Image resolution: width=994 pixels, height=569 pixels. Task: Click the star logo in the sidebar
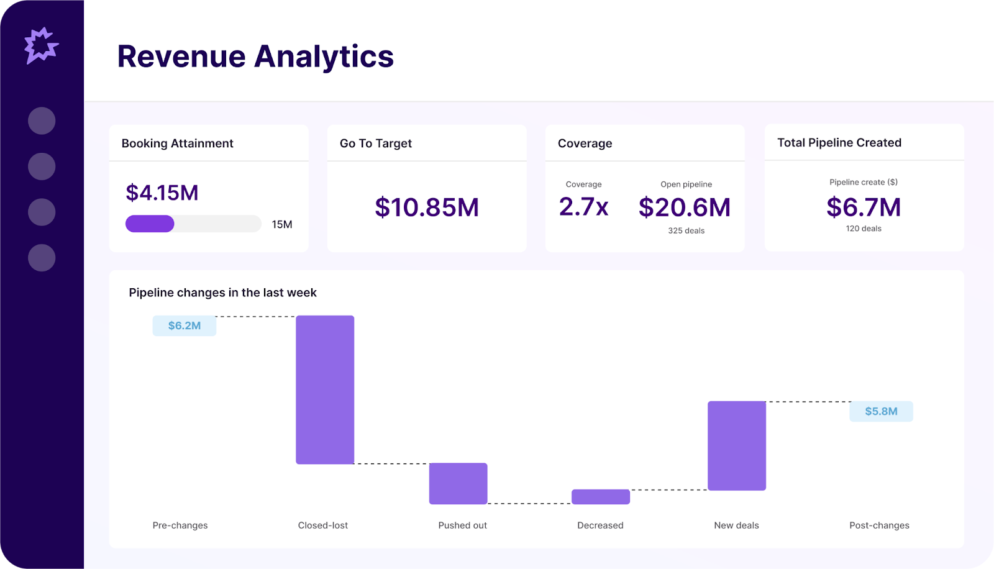pos(41,45)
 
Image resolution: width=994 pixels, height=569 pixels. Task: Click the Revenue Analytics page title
pos(255,57)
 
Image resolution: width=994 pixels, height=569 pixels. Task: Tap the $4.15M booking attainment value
pos(162,193)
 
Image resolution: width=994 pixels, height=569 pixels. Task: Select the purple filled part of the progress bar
pos(150,224)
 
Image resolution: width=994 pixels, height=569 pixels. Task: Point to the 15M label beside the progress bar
pos(281,224)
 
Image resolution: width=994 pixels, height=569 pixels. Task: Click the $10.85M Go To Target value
pos(427,207)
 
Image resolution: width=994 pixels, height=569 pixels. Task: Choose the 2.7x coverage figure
pos(583,207)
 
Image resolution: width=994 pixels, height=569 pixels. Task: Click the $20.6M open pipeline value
pos(685,207)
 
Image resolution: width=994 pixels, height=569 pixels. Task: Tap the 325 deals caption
pos(686,230)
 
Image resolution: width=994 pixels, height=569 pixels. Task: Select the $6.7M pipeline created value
pos(864,207)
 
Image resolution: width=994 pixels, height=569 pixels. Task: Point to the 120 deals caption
pos(864,229)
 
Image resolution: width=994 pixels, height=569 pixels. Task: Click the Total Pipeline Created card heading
pos(839,142)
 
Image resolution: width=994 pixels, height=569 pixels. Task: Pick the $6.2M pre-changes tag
pos(185,325)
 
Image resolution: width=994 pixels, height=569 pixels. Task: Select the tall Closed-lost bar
pos(325,389)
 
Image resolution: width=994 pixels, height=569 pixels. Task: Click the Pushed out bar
pos(458,483)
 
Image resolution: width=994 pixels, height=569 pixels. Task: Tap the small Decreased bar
pos(600,496)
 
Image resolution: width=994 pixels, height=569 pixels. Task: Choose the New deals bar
pos(736,445)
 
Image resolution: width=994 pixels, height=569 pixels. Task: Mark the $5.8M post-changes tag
pos(881,411)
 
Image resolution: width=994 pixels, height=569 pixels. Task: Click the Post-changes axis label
pos(878,525)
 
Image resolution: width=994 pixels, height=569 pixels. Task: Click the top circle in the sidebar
pos(42,121)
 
